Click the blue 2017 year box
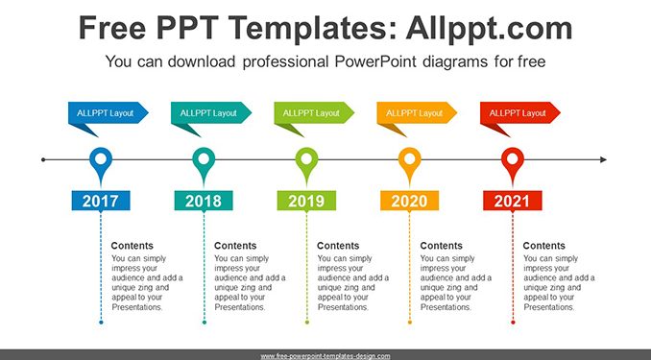coord(101,201)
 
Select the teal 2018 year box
coord(204,201)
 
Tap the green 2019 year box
coord(306,201)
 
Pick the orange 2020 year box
coord(409,201)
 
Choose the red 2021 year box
coord(513,201)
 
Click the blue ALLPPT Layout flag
coord(106,113)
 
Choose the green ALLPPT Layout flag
coord(312,113)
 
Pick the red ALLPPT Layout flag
coord(518,113)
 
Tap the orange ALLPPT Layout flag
coord(415,113)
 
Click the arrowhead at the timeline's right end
coord(603,159)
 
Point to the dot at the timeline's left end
coord(43,159)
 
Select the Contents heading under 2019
coord(338,246)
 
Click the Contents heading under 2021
coord(543,246)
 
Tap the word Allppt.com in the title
coord(489,28)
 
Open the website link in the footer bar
coord(325,356)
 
